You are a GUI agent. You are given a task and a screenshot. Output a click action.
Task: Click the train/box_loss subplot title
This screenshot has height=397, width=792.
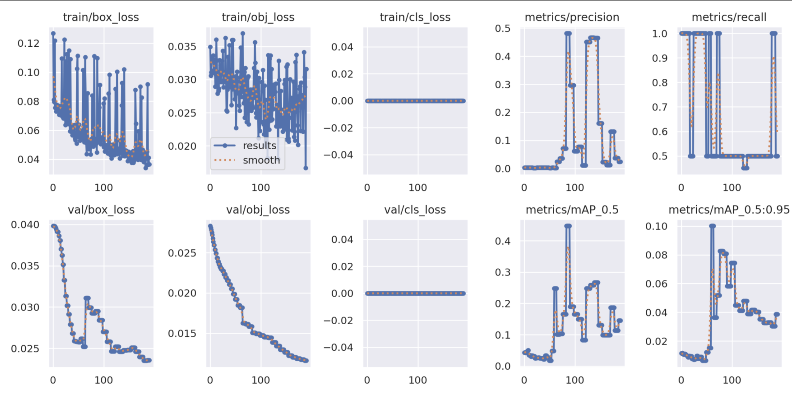tap(101, 17)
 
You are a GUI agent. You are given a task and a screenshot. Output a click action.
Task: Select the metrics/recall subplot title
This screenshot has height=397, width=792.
tap(729, 17)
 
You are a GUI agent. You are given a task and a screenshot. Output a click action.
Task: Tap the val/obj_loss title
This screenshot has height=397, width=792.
tap(258, 210)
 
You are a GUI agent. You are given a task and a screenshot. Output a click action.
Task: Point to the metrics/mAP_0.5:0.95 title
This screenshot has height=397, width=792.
tap(729, 210)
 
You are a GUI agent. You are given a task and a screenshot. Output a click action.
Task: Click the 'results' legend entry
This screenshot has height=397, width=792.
tap(259, 145)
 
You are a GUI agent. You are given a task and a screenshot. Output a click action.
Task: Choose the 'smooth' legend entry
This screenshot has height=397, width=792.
tap(261, 160)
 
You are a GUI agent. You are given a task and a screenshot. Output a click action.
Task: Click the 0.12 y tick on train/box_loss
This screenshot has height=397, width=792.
tap(28, 43)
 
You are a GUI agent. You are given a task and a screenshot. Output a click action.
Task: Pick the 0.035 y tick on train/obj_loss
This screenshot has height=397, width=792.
tap(182, 47)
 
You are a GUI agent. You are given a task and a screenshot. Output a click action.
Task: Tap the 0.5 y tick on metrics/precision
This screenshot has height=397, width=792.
tap(503, 28)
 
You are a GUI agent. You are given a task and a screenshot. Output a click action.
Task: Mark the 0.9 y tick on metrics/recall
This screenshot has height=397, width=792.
tap(660, 58)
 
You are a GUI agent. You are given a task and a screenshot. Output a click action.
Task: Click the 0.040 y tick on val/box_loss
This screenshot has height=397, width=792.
tap(25, 225)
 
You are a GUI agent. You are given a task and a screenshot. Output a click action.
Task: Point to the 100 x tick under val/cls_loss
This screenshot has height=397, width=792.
tap(418, 380)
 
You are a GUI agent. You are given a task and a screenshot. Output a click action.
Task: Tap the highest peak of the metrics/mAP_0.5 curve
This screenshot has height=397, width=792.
tap(568, 226)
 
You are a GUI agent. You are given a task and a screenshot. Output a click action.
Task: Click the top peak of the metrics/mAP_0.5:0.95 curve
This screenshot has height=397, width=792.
tap(712, 226)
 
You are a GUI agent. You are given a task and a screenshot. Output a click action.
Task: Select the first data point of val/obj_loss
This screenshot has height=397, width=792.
tap(210, 226)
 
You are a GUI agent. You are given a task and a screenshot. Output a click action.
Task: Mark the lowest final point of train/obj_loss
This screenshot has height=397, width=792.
tap(306, 168)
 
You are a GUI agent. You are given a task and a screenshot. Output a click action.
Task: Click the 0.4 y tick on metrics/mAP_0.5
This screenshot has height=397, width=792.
tap(503, 241)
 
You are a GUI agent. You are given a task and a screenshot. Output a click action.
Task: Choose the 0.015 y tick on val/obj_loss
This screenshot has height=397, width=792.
tap(182, 334)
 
